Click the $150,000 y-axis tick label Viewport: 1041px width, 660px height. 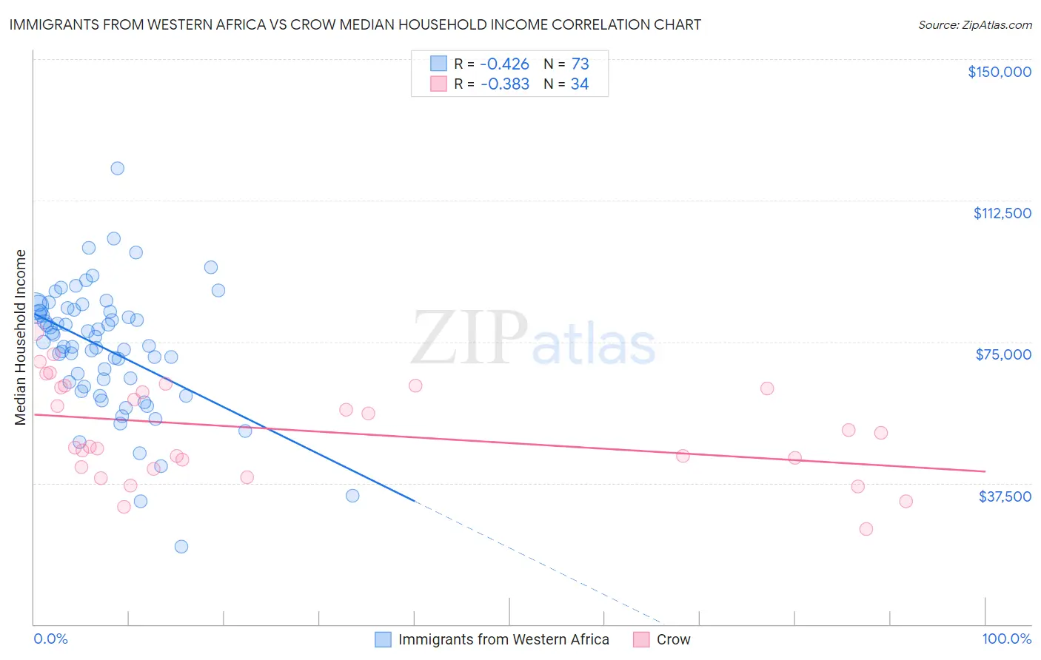click(x=999, y=72)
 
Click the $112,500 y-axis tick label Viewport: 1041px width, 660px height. click(x=1002, y=213)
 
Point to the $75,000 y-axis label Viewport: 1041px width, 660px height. click(x=1003, y=354)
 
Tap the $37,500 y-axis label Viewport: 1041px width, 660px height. click(x=1005, y=496)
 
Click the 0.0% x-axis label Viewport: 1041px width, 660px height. click(x=50, y=639)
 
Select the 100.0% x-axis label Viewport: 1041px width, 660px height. click(x=1006, y=639)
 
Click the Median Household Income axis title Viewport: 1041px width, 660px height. click(x=21, y=337)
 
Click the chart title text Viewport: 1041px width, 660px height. click(x=355, y=24)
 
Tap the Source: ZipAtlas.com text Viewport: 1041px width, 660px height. click(x=974, y=24)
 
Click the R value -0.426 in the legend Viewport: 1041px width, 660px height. click(x=504, y=64)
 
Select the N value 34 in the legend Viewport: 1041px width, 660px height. click(x=579, y=84)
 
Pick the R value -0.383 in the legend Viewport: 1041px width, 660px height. click(x=504, y=84)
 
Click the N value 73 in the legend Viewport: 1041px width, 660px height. click(x=580, y=64)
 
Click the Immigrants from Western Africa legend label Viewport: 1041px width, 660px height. click(x=503, y=639)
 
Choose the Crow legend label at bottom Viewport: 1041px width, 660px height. click(x=673, y=639)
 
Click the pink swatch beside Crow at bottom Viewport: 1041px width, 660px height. click(x=641, y=639)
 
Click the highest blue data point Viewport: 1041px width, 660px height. click(x=117, y=168)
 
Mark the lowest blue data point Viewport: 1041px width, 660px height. click(x=181, y=547)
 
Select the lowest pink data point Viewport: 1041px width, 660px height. click(x=866, y=529)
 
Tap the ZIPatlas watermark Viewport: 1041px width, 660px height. click(x=533, y=338)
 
